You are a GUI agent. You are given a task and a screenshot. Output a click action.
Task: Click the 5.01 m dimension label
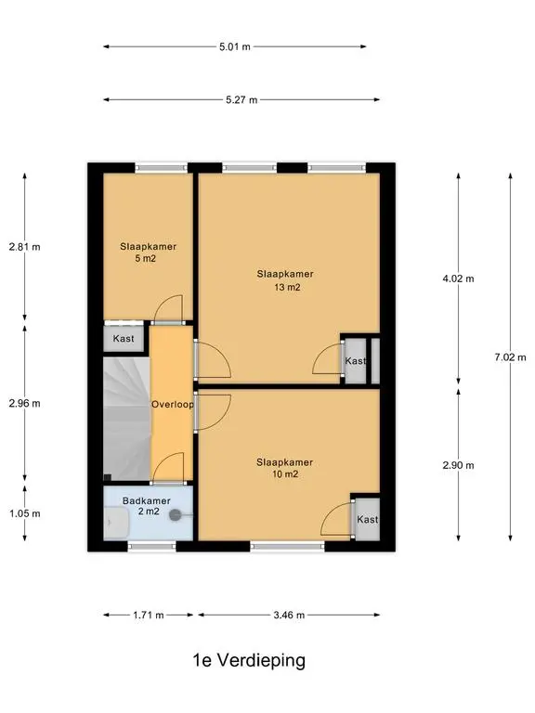235,46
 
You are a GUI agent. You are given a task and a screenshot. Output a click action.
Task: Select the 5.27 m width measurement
241,99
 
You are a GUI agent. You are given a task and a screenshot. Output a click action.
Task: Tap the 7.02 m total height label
511,357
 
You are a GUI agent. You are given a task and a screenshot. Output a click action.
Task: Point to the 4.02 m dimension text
458,279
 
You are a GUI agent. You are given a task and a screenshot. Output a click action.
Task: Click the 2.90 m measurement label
458,465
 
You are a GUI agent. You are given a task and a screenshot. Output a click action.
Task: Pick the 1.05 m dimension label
24,513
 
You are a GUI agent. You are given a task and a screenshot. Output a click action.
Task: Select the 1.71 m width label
149,616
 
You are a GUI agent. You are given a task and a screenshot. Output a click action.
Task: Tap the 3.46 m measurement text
289,616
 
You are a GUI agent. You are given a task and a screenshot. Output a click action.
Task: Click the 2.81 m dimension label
24,247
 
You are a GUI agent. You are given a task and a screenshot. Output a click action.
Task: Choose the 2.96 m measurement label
24,403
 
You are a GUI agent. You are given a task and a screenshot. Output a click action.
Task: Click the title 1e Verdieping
249,660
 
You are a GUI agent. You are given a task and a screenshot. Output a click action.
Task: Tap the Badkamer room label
147,500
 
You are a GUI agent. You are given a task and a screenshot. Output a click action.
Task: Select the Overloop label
173,404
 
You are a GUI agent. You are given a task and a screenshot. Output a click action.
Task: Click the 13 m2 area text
287,288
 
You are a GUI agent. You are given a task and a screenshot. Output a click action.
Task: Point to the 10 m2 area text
285,474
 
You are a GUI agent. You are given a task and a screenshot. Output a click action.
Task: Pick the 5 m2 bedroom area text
146,259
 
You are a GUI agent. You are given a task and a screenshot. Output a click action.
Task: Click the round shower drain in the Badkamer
176,515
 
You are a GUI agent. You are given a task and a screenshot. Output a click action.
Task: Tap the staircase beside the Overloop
126,419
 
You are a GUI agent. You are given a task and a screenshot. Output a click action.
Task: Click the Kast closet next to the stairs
124,339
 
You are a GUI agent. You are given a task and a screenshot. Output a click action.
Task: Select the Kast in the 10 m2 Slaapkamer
368,519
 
